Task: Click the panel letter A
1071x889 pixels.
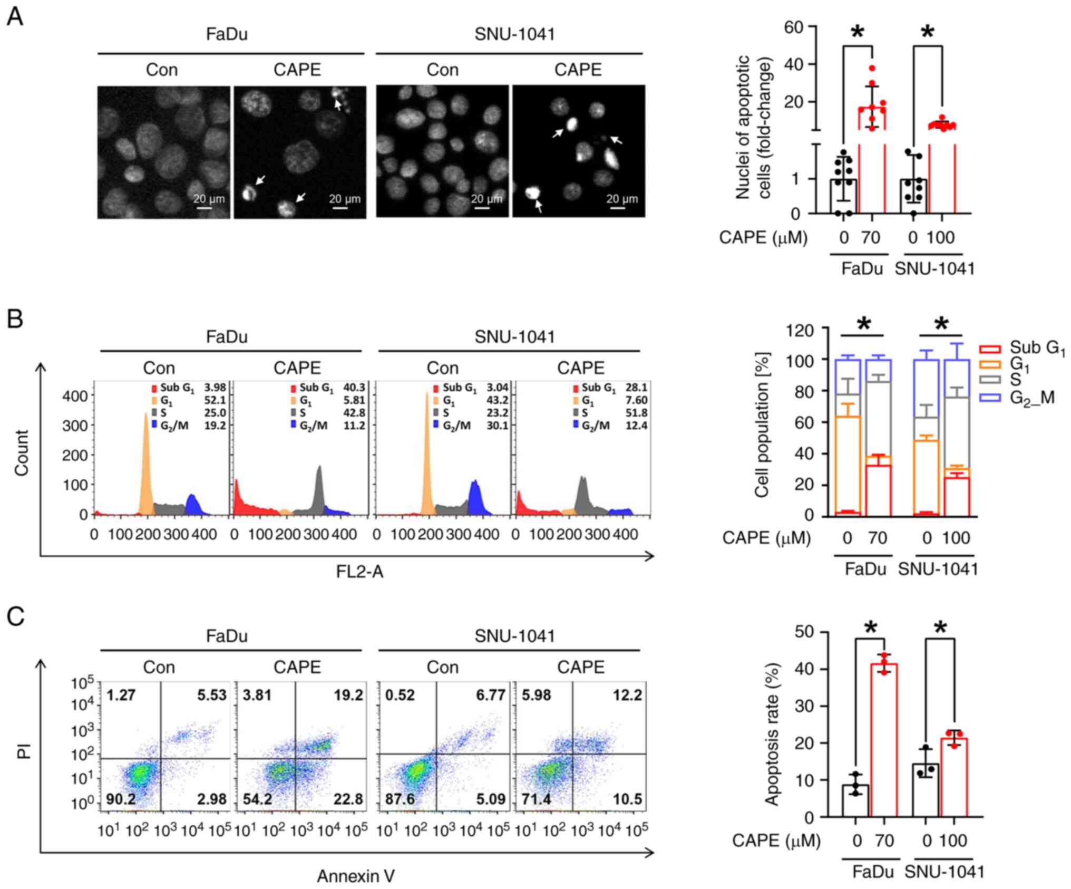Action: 15,17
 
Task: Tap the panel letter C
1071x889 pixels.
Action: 15,616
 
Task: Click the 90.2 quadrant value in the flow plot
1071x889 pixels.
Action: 121,799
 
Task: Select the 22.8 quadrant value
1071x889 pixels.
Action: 348,799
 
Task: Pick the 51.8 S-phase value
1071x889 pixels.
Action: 637,413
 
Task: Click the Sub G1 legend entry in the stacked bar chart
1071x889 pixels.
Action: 1023,348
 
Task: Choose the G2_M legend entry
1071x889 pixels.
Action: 1018,398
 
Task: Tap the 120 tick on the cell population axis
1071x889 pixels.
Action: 800,331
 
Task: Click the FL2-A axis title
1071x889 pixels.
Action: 359,572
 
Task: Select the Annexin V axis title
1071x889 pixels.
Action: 356,876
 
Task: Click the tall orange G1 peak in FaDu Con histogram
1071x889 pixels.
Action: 147,464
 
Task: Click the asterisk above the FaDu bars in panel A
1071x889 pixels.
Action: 858,32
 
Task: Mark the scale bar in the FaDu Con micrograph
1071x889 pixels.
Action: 204,208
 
